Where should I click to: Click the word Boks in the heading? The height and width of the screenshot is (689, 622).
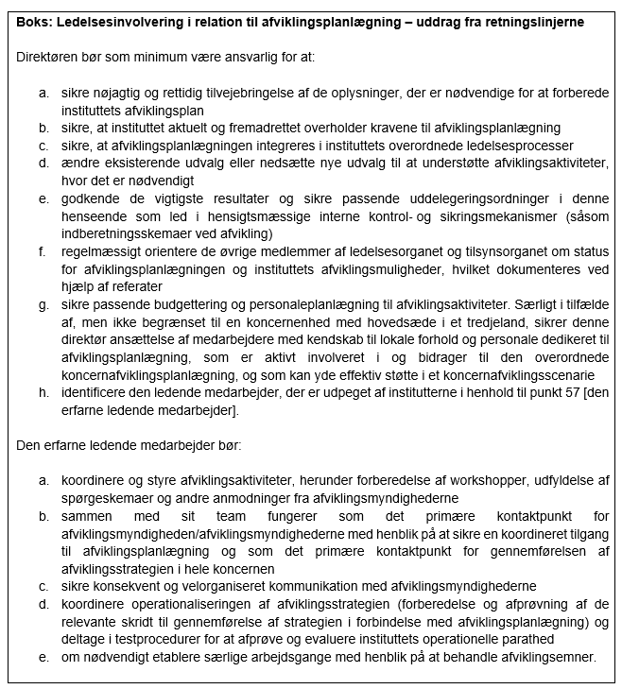point(31,22)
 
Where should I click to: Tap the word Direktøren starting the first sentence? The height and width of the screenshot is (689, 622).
point(47,57)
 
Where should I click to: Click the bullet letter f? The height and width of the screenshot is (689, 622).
point(43,252)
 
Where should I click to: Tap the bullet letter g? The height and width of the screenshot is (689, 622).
point(43,304)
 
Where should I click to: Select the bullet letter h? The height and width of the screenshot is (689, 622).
point(43,391)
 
